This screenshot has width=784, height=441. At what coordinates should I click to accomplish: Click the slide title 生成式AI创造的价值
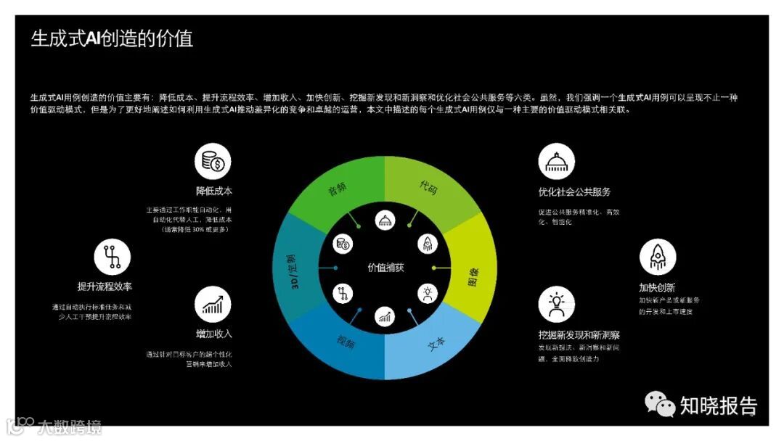[112, 38]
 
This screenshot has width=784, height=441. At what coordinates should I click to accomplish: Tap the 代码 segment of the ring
[428, 186]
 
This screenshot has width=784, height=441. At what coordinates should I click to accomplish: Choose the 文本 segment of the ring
[436, 343]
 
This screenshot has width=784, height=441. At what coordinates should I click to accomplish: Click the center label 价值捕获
[385, 268]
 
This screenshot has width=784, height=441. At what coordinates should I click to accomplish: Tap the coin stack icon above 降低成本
[213, 161]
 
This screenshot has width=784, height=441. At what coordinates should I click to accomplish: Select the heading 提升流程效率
[105, 287]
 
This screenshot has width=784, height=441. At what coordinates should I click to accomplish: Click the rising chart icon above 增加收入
[213, 305]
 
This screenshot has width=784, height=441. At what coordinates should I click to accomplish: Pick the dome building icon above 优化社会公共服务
[556, 161]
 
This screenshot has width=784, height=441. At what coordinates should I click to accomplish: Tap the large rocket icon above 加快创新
[657, 257]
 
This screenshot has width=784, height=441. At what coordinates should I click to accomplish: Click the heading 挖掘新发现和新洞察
[579, 335]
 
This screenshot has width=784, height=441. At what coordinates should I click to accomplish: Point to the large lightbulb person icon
[556, 304]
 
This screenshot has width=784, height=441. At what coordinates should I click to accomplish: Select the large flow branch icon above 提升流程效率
[113, 257]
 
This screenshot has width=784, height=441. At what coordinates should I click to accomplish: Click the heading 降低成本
[213, 191]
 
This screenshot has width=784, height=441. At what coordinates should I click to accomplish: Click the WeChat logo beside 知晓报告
[661, 404]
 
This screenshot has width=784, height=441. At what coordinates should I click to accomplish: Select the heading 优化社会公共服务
[574, 192]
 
